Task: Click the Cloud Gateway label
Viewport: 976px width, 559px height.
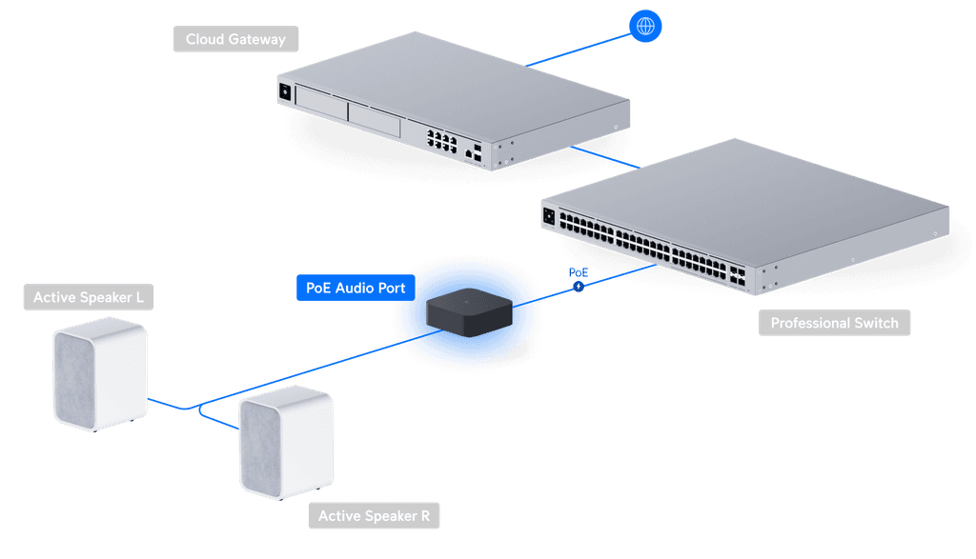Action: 234,39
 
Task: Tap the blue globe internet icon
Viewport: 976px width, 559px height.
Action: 645,27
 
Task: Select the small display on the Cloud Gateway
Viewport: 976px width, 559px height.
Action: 283,92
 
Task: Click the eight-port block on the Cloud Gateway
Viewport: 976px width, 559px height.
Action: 440,141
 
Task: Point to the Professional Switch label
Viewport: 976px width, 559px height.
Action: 834,323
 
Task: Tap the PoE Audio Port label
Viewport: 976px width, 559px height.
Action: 356,288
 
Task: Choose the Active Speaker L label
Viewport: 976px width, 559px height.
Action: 89,298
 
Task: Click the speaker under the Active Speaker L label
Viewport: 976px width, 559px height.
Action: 99,374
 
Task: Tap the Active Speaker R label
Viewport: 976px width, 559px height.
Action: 374,516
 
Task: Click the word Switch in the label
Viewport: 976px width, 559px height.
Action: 874,323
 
